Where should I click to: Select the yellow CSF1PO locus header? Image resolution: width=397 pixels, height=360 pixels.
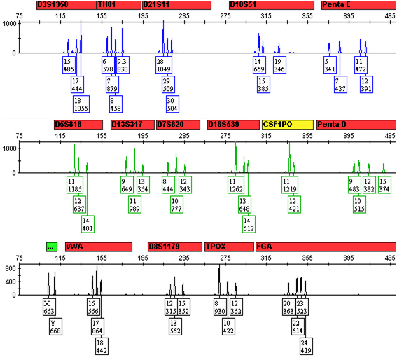[287, 124]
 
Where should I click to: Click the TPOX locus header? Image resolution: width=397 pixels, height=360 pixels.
[228, 247]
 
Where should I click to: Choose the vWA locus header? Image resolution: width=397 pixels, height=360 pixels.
[98, 247]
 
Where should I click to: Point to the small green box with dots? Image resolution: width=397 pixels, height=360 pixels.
[50, 247]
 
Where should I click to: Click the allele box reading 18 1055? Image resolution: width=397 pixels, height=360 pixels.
[82, 104]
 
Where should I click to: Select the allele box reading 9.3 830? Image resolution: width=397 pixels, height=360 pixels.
[123, 65]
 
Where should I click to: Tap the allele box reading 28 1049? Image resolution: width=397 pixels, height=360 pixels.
[164, 65]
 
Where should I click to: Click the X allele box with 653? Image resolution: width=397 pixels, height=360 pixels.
[48, 307]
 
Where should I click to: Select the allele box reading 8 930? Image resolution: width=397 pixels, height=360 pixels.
[221, 307]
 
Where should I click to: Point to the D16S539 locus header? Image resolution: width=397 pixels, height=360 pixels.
[232, 124]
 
